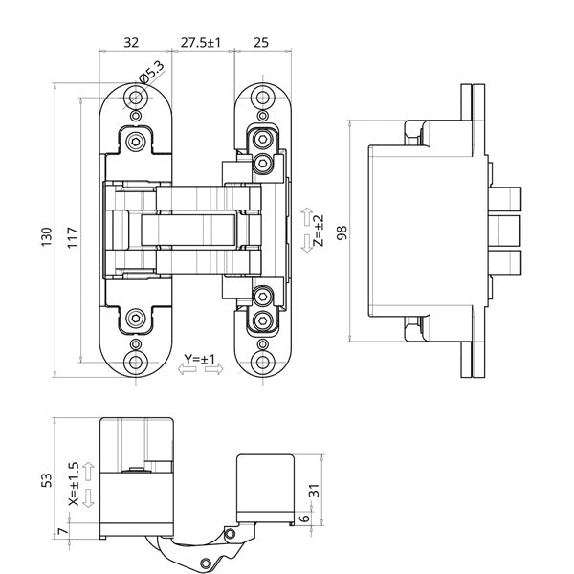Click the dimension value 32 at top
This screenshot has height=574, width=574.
(132, 42)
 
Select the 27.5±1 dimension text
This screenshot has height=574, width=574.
(201, 42)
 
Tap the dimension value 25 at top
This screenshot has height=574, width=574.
(260, 42)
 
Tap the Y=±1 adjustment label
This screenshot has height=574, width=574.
(201, 360)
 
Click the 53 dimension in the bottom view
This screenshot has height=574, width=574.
(47, 478)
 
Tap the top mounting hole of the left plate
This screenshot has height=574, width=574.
(135, 97)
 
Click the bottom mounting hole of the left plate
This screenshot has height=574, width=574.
(135, 363)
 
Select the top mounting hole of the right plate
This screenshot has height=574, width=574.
(262, 97)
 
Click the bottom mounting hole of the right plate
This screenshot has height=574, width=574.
(262, 363)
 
